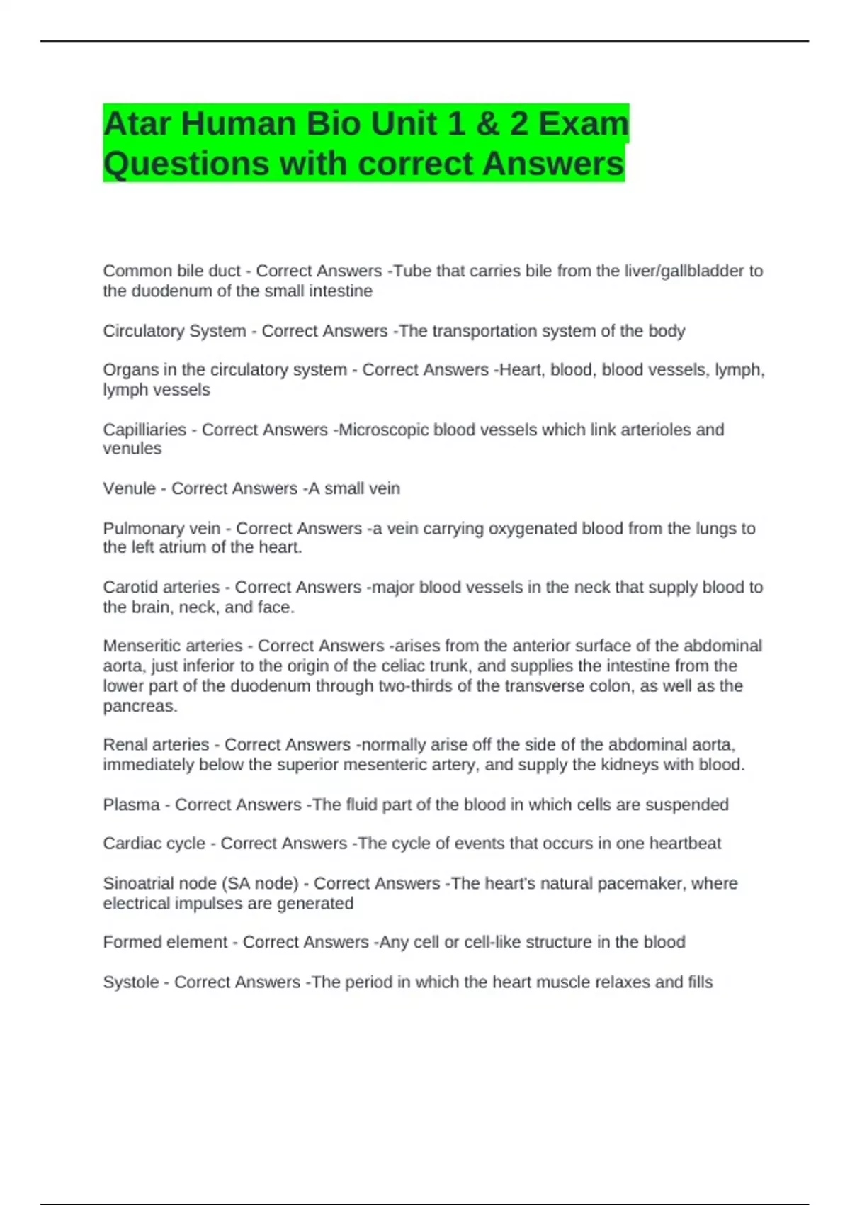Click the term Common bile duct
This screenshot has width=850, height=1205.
(x=171, y=271)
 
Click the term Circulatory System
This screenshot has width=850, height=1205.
(x=174, y=331)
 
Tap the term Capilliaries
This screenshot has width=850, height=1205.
(x=144, y=430)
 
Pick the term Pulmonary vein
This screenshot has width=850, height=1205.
(x=161, y=528)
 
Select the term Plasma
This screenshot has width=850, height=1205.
(x=131, y=805)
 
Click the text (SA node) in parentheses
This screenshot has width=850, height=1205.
(x=260, y=883)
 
